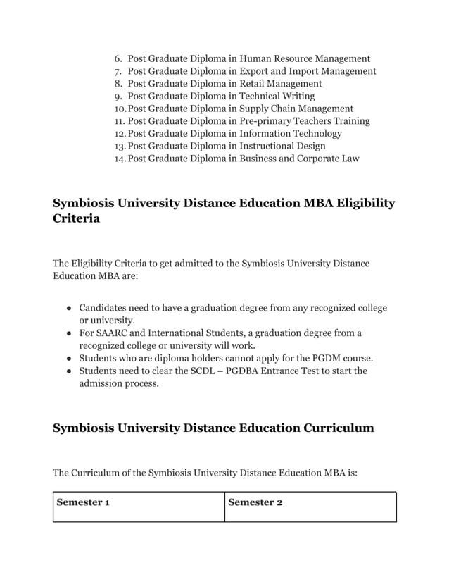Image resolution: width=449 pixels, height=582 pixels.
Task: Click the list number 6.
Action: click(x=118, y=59)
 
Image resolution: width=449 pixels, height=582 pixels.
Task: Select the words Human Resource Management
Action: click(x=305, y=59)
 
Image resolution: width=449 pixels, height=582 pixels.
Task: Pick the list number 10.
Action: click(x=119, y=109)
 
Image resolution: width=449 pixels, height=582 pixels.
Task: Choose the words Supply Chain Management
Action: click(x=296, y=109)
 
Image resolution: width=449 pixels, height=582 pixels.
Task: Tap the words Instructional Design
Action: click(x=282, y=146)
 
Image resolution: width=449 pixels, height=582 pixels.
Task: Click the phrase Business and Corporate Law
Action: click(x=299, y=159)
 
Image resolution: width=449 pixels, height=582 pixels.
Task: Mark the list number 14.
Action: click(x=119, y=159)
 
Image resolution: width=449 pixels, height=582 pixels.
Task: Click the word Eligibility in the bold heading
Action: click(x=361, y=204)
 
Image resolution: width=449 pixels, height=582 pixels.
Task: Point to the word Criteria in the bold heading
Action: click(x=76, y=219)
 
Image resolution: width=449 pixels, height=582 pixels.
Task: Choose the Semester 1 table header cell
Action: click(x=139, y=507)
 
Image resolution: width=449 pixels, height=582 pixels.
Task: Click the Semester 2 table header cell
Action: click(x=310, y=507)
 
